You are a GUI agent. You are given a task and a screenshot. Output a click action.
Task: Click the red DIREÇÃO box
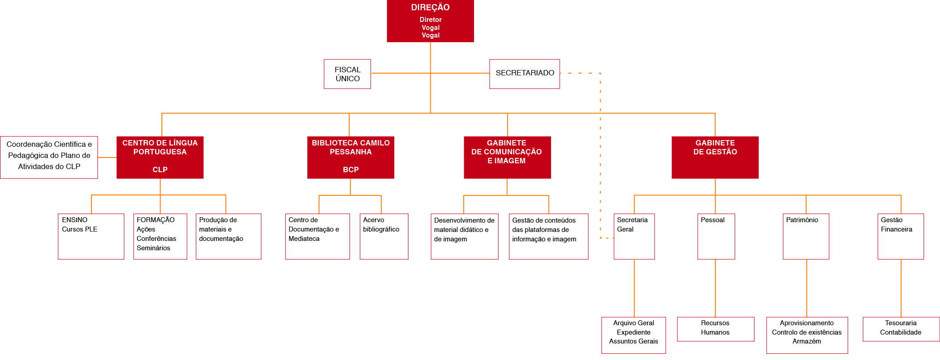pos(430,21)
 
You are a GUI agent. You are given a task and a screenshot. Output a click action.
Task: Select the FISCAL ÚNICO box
pos(347,74)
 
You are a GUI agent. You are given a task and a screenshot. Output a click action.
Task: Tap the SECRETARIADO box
pos(524,74)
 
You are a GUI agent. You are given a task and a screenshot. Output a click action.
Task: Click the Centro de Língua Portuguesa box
pos(160,157)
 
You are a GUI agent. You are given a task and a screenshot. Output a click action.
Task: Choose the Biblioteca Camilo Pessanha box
pos(350,157)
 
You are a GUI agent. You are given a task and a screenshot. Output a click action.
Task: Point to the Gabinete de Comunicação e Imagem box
pos(507,157)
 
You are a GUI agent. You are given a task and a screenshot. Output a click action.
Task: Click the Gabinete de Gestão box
pos(715,157)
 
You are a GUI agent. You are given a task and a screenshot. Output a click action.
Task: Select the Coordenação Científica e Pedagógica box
pos(49,157)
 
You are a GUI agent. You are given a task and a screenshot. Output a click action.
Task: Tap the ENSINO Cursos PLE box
pos(91,236)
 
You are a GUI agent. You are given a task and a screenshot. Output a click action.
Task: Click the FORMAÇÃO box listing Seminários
pos(160,236)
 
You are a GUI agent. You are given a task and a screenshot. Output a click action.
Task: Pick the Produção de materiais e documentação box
pos(228,236)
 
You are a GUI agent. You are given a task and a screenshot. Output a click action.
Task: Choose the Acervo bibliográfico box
pos(384,236)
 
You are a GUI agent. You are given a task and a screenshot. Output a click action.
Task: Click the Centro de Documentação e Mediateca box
pos(317,236)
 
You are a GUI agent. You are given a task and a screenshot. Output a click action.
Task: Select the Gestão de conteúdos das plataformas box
pos(548,236)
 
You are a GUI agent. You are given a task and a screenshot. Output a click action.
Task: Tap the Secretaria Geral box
pos(634,236)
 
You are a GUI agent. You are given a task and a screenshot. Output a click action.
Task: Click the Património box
pos(806,236)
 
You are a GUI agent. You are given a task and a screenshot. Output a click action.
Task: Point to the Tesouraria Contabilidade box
pos(901,329)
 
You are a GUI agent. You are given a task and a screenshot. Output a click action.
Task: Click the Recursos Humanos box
pos(716,329)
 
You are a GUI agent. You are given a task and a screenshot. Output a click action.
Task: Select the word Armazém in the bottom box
pos(807,341)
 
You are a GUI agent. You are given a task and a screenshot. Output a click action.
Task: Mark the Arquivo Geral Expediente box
pos(634,335)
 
